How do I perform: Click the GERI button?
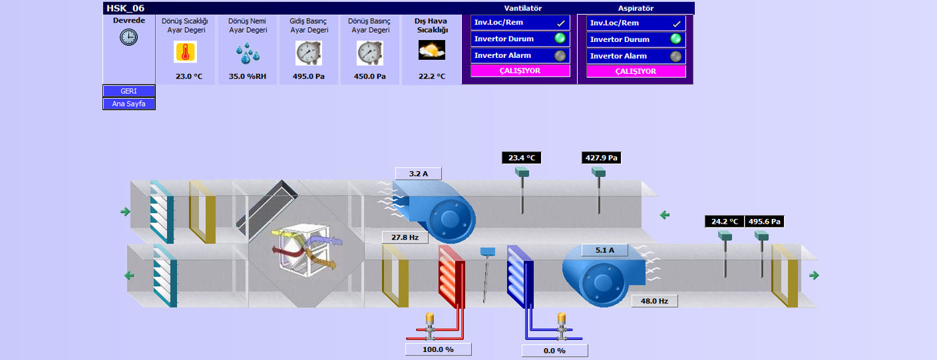pos(129,91)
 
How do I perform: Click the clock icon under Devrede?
pos(128,37)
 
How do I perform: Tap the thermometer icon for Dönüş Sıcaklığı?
pos(186,52)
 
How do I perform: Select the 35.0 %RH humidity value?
pos(248,77)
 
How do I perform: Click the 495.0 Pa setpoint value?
pos(309,77)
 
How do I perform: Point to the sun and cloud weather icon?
pos(431,50)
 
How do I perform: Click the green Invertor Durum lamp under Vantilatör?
pos(560,39)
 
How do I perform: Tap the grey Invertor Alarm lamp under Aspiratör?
pos(676,56)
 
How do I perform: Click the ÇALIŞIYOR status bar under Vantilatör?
pos(520,71)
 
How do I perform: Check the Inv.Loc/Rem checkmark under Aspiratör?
pos(676,23)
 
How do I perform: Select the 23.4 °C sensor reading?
pos(522,158)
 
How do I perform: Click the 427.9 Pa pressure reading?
pos(602,158)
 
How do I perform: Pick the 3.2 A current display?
pos(418,174)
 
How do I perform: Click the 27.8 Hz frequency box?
pos(405,237)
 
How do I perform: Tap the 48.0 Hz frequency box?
pos(654,301)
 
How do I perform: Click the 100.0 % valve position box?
pos(438,349)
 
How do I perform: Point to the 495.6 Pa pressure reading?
pos(764,222)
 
